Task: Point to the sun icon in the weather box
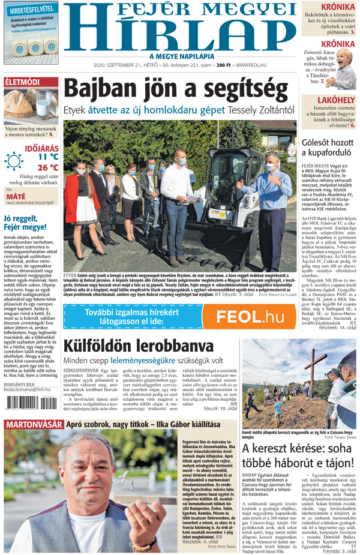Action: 13,161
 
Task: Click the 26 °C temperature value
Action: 48,168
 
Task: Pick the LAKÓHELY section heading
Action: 336,100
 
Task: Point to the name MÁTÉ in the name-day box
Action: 16,196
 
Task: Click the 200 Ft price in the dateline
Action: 224,65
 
